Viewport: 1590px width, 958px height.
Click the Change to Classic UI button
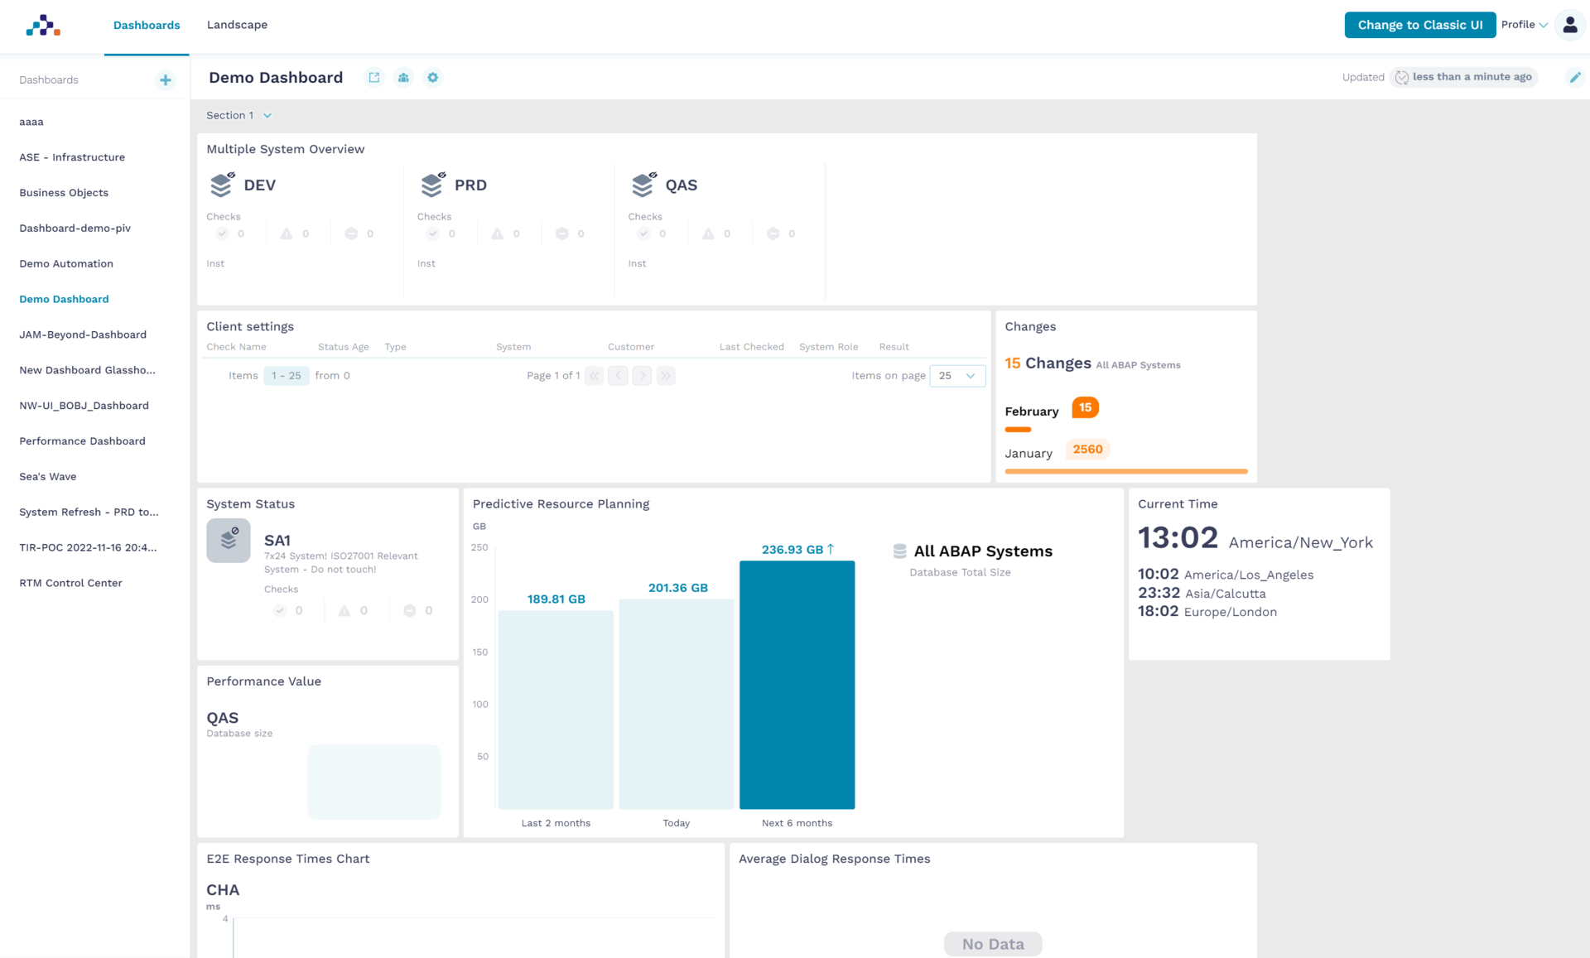tap(1419, 25)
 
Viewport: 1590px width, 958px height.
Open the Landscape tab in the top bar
tap(237, 25)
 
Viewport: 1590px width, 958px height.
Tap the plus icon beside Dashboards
tap(166, 80)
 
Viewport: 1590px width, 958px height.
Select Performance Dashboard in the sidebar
tap(82, 441)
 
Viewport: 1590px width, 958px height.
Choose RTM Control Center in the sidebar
tap(70, 583)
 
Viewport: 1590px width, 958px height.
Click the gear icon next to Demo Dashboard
tap(432, 78)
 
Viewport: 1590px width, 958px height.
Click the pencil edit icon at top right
tap(1574, 77)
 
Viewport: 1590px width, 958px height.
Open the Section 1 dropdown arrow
tap(267, 116)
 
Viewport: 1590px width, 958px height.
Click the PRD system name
tap(470, 185)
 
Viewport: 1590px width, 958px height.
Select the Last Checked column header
tap(751, 347)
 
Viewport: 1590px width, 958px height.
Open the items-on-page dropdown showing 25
tap(957, 376)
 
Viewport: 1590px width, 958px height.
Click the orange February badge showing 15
tap(1085, 407)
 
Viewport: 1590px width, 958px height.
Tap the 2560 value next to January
tap(1087, 450)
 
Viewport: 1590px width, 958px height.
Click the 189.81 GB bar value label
tap(556, 599)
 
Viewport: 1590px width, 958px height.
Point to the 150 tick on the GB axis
tap(479, 652)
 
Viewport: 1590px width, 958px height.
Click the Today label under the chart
tap(676, 823)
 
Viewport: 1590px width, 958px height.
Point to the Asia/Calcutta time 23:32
tap(1159, 593)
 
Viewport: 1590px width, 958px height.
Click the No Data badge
tap(992, 944)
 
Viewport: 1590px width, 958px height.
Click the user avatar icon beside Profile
tap(1569, 25)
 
